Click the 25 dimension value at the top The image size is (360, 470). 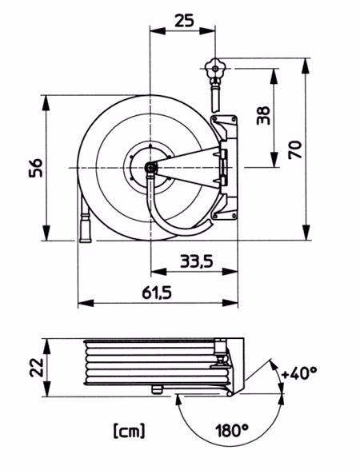184,21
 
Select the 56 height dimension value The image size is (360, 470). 36,168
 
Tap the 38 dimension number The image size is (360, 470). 264,115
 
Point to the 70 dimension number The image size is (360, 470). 295,149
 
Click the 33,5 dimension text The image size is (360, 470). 197,261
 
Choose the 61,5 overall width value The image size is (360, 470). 157,293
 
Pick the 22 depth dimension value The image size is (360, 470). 37,367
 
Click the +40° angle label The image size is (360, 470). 299,373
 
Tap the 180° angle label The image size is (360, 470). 232,430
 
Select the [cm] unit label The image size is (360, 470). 130,430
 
